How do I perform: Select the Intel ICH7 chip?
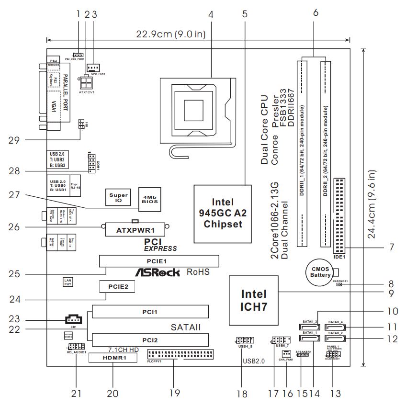coord(254,300)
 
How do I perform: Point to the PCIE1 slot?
coord(159,261)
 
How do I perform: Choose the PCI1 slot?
coord(150,312)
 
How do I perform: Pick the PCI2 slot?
coord(150,340)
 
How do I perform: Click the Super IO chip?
coord(118,198)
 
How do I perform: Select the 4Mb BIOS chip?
coord(149,199)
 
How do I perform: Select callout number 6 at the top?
coord(315,14)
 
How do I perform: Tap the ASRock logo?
coord(158,273)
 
